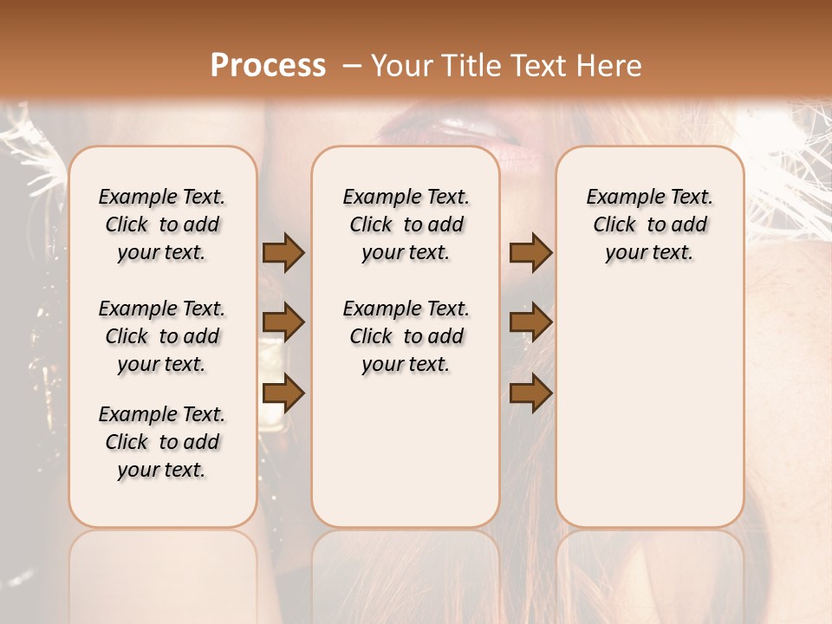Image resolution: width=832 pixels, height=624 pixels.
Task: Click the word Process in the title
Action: click(x=268, y=66)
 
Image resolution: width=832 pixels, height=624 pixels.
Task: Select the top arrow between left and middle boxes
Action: click(x=283, y=253)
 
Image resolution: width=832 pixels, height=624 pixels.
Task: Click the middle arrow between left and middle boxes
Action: click(x=283, y=322)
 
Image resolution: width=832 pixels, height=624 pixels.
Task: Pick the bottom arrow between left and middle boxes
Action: click(x=283, y=393)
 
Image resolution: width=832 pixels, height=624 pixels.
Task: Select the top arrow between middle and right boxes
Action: click(x=530, y=253)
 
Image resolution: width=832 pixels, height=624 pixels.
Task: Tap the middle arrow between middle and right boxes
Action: click(x=530, y=322)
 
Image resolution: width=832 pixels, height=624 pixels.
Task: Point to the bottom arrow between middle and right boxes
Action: click(x=530, y=393)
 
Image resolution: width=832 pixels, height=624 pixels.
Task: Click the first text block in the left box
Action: click(x=162, y=224)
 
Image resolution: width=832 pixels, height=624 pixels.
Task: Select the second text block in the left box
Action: click(x=162, y=336)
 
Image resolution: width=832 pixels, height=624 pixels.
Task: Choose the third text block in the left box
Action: click(x=162, y=442)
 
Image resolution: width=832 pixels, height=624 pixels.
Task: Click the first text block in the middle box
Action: click(x=406, y=224)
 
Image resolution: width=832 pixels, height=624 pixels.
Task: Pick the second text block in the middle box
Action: click(x=406, y=336)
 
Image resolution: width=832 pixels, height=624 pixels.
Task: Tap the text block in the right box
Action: click(x=649, y=224)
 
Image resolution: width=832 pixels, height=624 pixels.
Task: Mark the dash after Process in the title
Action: click(x=352, y=66)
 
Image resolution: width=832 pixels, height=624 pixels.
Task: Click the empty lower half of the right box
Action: click(x=649, y=416)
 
